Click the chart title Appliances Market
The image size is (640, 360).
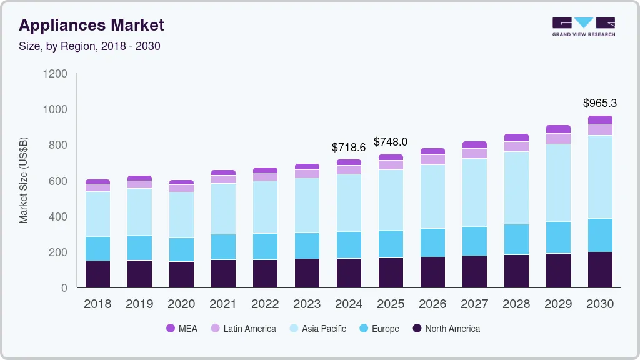[x=91, y=25]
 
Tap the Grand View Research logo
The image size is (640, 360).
[x=583, y=26]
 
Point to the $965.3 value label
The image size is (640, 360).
[x=599, y=103]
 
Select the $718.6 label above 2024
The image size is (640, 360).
[x=349, y=147]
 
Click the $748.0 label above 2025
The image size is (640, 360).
[x=391, y=142]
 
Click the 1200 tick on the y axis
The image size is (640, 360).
[x=55, y=74]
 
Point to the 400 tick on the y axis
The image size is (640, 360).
[x=58, y=217]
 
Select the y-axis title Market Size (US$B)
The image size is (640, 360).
[x=24, y=179]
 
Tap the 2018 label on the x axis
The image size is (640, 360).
[x=97, y=304]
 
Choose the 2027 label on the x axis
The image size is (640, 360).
[x=474, y=304]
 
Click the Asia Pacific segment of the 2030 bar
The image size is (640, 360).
[x=600, y=177]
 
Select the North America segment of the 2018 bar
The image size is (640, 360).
[x=97, y=274]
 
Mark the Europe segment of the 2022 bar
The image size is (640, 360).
[x=265, y=246]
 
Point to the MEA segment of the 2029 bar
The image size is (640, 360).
[x=558, y=129]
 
